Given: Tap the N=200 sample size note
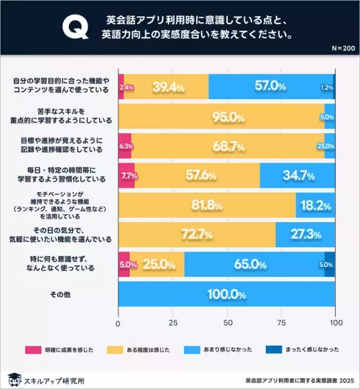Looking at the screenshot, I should click(x=342, y=47).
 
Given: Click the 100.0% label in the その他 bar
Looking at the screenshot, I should click(x=226, y=295).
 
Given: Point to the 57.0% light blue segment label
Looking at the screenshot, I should click(x=270, y=86).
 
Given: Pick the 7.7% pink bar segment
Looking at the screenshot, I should click(x=127, y=176).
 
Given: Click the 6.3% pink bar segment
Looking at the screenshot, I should click(x=125, y=146).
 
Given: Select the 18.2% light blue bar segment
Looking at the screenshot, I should click(x=316, y=205).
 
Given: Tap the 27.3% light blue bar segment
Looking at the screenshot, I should click(x=305, y=235).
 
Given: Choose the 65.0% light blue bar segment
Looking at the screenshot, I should click(x=254, y=265).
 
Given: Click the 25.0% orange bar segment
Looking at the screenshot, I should click(x=157, y=265).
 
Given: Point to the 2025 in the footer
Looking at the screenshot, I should click(x=346, y=380).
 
